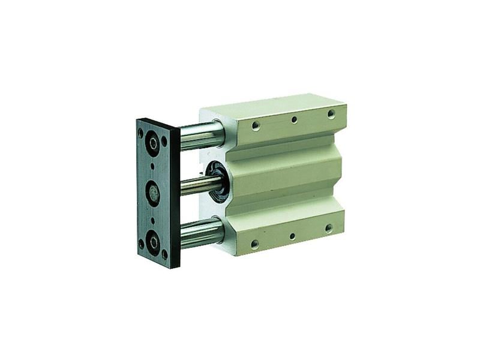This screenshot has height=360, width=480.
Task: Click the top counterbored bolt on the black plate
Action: pos(154,143)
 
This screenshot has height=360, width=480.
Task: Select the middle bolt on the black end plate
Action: pos(154,193)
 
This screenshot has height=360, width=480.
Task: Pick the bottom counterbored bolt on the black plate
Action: pos(154,242)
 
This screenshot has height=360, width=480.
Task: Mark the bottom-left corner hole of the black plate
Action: pos(141,244)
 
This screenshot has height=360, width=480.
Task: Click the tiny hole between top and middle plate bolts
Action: pos(152,167)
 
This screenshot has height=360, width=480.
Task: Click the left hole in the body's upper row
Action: pos(256,125)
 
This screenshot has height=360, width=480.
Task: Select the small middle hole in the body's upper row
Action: pos(294,120)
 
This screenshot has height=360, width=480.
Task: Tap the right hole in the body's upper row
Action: pos(331,113)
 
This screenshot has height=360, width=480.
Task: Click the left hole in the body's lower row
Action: pos(255,244)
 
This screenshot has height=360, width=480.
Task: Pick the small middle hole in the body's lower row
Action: pos(292,236)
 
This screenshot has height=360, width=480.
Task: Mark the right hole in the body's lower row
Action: pos(329,228)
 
